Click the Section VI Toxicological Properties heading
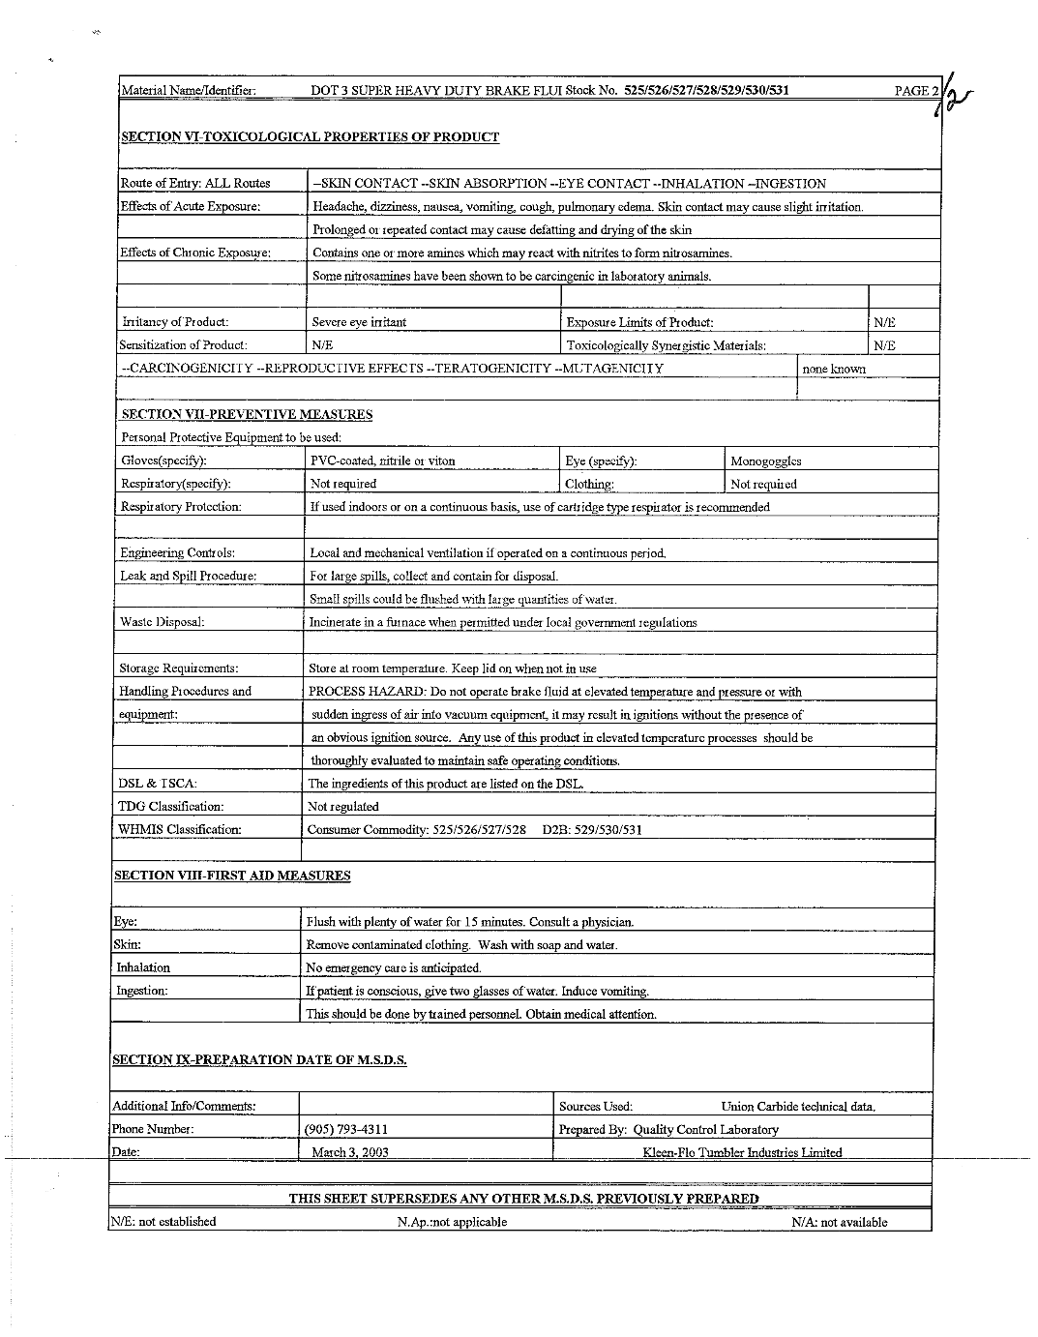pos(310,137)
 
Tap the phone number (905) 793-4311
pos(347,1129)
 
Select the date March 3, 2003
pos(350,1152)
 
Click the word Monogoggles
pos(765,461)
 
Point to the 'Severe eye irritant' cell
pos(359,322)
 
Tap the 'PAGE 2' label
pos(915,91)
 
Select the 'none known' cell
pos(834,369)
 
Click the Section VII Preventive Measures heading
pos(247,415)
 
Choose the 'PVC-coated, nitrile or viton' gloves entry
pos(382,461)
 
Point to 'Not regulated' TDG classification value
pos(342,806)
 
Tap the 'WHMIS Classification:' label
pos(179,829)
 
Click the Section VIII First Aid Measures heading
pos(232,876)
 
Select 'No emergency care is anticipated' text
pos(393,967)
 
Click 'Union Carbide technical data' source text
pos(797,1107)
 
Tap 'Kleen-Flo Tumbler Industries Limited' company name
pos(742,1152)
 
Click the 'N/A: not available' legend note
pos(839,1222)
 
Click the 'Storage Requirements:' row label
pos(178,668)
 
